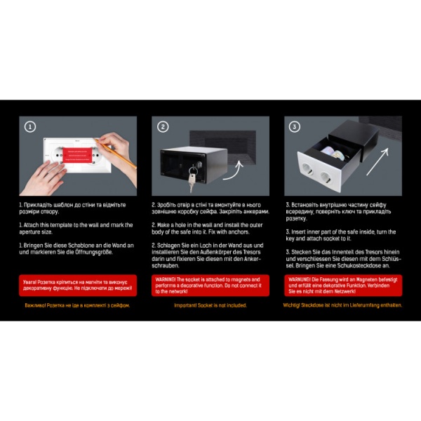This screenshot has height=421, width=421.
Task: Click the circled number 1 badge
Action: pyautogui.click(x=30, y=127)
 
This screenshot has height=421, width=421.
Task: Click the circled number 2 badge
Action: pyautogui.click(x=163, y=127)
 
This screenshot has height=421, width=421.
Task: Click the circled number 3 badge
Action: pyautogui.click(x=295, y=127)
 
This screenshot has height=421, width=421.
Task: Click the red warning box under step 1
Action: pyautogui.click(x=77, y=285)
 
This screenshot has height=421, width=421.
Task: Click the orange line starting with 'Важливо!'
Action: pyautogui.click(x=77, y=306)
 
